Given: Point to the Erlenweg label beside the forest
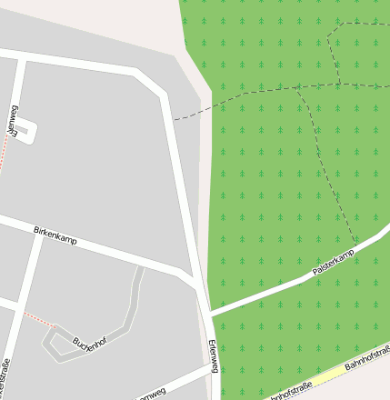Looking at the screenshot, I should click(x=214, y=356).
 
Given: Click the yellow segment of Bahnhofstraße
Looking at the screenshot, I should click(x=332, y=374).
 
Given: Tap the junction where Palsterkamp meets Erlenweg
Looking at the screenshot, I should click(x=209, y=314).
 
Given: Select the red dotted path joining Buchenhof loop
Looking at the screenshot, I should click(x=38, y=319).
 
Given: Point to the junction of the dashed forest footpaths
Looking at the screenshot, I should click(x=300, y=88).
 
